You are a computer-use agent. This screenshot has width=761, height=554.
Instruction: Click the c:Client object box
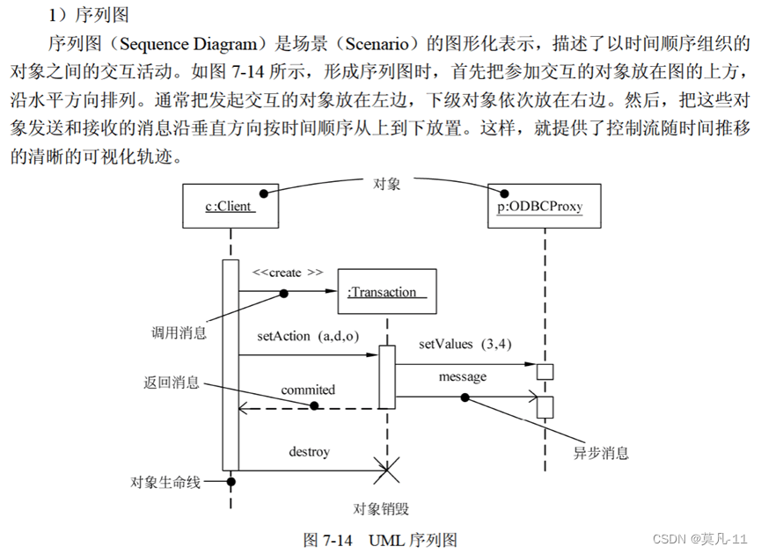coord(229,207)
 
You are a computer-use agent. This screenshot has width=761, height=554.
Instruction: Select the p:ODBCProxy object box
coord(544,207)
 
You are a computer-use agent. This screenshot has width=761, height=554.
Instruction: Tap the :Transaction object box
coord(386,291)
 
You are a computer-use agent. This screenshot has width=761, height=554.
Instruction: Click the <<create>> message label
coord(287,273)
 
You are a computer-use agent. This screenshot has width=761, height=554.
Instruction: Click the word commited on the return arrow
coord(308,390)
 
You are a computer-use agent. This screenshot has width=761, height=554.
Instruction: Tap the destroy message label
coord(309,452)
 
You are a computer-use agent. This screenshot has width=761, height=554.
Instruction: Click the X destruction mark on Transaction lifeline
coord(386,470)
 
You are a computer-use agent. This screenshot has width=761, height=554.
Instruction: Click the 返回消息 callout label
coord(172,383)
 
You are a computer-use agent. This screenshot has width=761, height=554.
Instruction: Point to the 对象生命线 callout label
coord(165,482)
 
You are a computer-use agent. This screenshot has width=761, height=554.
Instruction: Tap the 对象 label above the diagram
coord(387,183)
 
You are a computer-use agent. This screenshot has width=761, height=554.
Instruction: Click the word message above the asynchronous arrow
coord(463,376)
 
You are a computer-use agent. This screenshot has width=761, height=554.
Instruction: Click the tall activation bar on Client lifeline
coord(230,365)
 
